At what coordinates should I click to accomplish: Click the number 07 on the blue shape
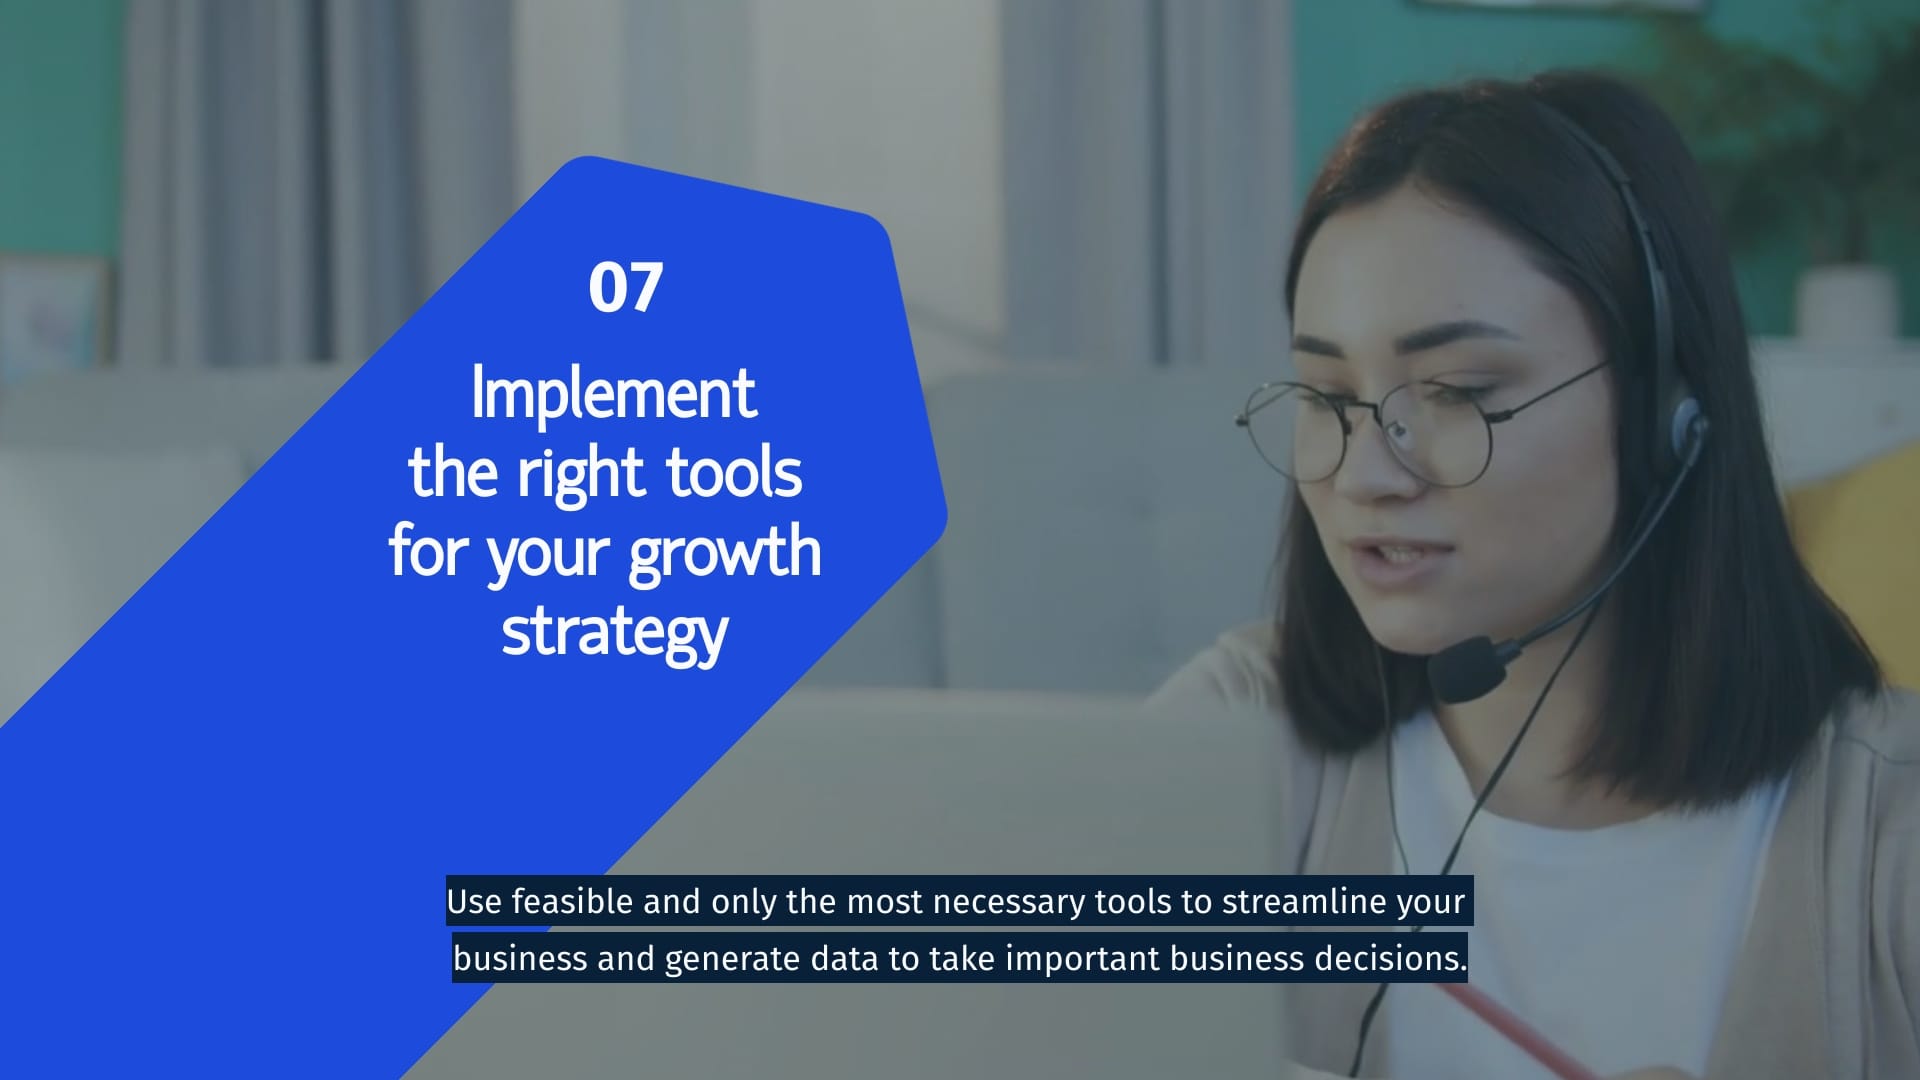tap(625, 288)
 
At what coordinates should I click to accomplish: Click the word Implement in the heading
tap(613, 394)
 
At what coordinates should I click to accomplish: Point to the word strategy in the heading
tap(614, 633)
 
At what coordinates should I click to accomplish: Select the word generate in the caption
tap(732, 959)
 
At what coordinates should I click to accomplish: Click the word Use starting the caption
tap(474, 902)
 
